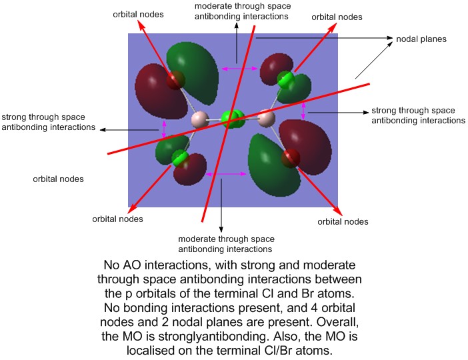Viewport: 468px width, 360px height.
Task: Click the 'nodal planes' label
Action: [421, 39]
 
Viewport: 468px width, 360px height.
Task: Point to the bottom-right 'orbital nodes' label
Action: [343, 221]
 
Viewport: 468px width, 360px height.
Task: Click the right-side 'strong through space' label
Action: [417, 115]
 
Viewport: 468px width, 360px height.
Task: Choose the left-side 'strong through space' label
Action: [49, 121]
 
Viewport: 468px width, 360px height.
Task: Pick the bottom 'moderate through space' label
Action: [226, 244]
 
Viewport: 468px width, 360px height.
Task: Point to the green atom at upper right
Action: [286, 79]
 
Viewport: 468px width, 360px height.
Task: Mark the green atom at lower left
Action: [179, 158]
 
